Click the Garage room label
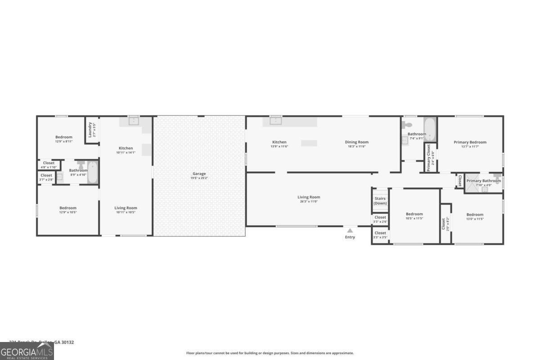(199, 174)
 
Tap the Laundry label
(90, 130)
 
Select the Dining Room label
(357, 142)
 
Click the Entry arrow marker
(350, 231)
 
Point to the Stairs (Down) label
(380, 201)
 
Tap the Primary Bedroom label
(470, 142)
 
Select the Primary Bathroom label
(483, 181)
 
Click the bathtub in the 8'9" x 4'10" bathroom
(92, 172)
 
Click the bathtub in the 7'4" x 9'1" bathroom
(430, 129)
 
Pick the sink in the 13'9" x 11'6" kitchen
(276, 120)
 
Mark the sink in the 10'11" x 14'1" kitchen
(134, 120)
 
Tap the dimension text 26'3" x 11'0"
(309, 202)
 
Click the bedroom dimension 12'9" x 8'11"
(64, 141)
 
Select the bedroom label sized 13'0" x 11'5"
(475, 215)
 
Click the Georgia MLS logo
(27, 351)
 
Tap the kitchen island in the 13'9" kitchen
(309, 143)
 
